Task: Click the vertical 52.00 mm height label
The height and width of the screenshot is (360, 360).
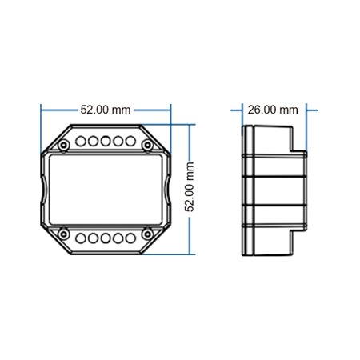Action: pyautogui.click(x=190, y=186)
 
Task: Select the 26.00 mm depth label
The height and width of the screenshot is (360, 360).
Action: pyautogui.click(x=273, y=110)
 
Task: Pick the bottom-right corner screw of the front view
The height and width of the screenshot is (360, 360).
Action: pyautogui.click(x=147, y=234)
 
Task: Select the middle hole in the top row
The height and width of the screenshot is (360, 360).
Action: pyautogui.click(x=105, y=141)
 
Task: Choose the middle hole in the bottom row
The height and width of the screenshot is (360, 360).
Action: pyautogui.click(x=105, y=238)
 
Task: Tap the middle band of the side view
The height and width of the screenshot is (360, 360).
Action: pyautogui.click(x=272, y=190)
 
